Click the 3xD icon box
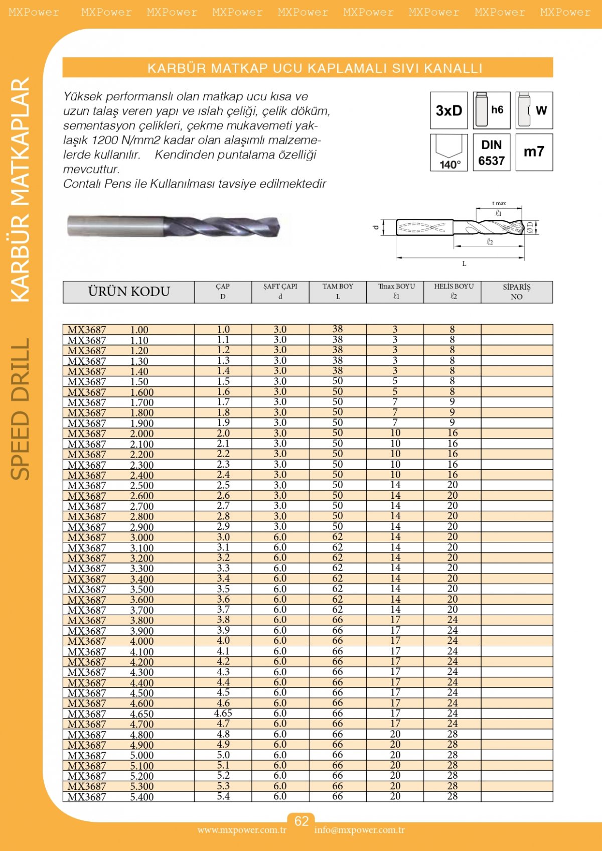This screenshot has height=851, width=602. tap(448, 110)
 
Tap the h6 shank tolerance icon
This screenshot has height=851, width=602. tap(492, 110)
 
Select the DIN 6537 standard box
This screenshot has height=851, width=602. tap(492, 153)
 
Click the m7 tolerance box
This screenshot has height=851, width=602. tap(534, 152)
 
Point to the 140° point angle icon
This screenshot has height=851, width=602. tap(448, 153)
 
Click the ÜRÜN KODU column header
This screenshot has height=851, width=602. tap(129, 292)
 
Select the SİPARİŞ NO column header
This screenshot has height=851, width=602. tap(516, 292)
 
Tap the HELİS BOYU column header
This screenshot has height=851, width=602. tap(453, 292)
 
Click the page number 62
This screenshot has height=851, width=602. tap(301, 821)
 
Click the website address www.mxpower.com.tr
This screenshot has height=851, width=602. tap(242, 830)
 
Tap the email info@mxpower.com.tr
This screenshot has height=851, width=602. tap(359, 830)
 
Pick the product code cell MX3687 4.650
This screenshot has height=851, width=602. tap(111, 714)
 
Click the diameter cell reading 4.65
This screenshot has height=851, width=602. tap(223, 713)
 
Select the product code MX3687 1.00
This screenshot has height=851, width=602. tap(108, 330)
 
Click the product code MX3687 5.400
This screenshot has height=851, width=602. tap(111, 797)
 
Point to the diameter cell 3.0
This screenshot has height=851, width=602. tap(223, 537)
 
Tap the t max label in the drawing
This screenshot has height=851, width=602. tap(499, 203)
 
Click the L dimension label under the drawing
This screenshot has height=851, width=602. tap(464, 263)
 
